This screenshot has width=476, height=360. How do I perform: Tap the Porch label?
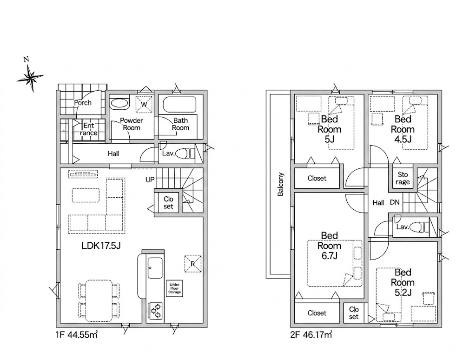tap(83, 103)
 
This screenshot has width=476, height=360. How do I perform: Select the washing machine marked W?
tap(144, 104)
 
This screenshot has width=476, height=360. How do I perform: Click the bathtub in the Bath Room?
tap(179, 105)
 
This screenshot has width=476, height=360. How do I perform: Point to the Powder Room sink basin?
tap(119, 103)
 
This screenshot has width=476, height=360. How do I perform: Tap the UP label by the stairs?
tap(150, 180)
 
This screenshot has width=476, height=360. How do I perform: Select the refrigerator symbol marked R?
tap(193, 264)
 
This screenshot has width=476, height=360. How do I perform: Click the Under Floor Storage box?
tap(175, 289)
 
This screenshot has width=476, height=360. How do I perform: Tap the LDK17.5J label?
tap(101, 246)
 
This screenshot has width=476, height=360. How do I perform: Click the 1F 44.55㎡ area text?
tap(76, 335)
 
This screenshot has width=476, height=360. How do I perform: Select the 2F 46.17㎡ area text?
tap(311, 335)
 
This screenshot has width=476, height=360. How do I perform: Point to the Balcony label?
tap(280, 184)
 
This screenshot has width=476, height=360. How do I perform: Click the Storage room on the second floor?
tap(403, 178)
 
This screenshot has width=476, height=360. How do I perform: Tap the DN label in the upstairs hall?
tap(395, 202)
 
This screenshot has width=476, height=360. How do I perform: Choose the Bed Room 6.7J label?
tap(330, 246)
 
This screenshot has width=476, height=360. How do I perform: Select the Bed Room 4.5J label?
tap(403, 129)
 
